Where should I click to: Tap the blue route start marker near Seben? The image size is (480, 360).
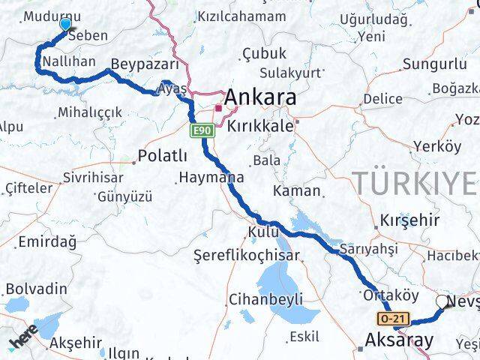click(65, 25)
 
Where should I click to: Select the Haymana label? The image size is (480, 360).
click(211, 178)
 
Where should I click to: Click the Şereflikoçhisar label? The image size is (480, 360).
click(245, 255)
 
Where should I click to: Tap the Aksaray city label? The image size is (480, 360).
click(398, 340)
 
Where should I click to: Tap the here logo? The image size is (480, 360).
click(23, 339)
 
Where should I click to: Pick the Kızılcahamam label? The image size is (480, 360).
click(241, 16)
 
